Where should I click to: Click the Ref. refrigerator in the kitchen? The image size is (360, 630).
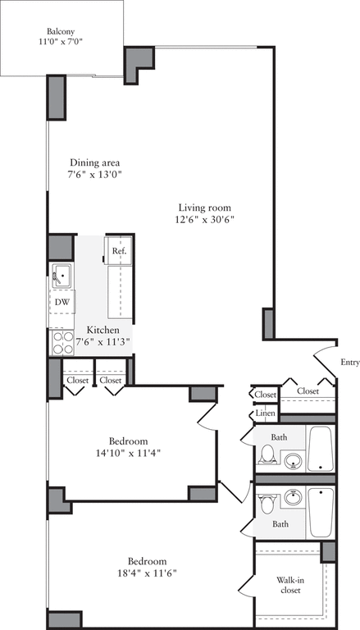[118, 249]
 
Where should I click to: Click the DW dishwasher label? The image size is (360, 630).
[62, 302]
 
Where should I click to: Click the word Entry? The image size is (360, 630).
[349, 362]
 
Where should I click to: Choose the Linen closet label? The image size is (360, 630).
[265, 413]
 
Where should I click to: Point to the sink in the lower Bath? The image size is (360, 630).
[294, 497]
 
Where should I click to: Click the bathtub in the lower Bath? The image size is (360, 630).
[319, 512]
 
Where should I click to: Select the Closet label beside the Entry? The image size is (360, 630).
[308, 391]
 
